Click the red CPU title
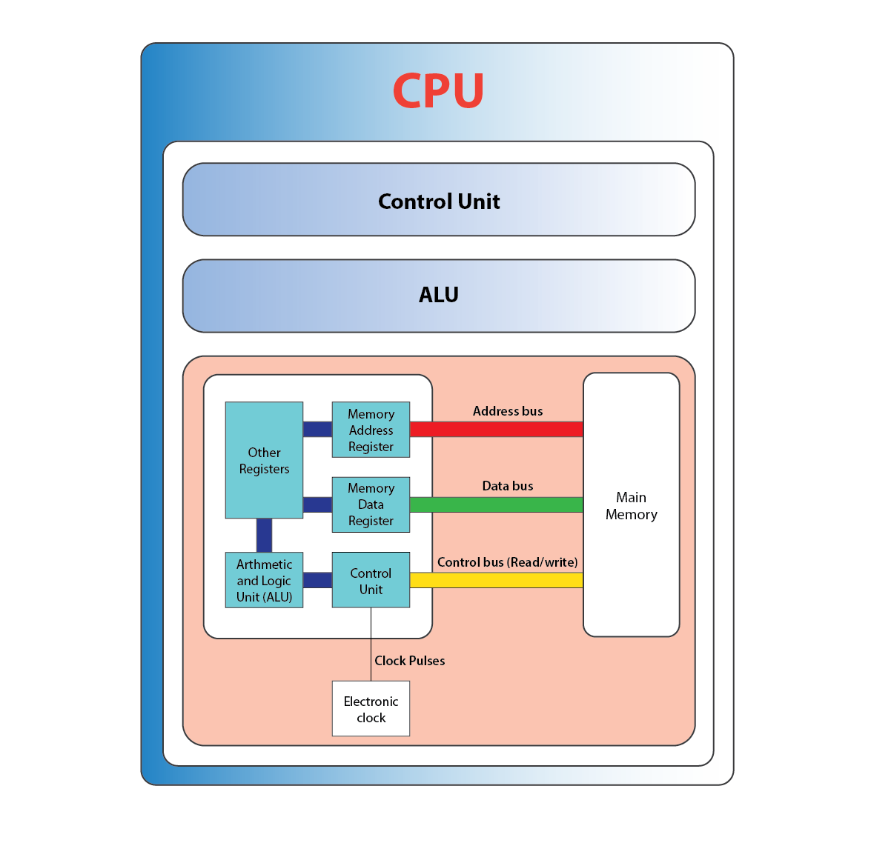(438, 90)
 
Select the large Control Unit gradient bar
(439, 200)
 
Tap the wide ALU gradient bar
(439, 296)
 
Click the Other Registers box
(264, 460)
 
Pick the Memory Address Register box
(371, 430)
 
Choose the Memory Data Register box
(371, 504)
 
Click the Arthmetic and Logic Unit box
(264, 580)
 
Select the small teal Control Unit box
(371, 580)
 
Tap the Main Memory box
(631, 505)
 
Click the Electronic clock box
(371, 709)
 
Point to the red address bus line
(496, 429)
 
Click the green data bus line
(496, 504)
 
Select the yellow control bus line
(496, 580)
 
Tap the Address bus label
(508, 411)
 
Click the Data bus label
(508, 486)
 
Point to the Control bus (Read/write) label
(508, 562)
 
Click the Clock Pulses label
(409, 661)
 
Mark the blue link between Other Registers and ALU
(264, 535)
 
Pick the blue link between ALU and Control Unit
(317, 580)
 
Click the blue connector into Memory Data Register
(317, 504)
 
